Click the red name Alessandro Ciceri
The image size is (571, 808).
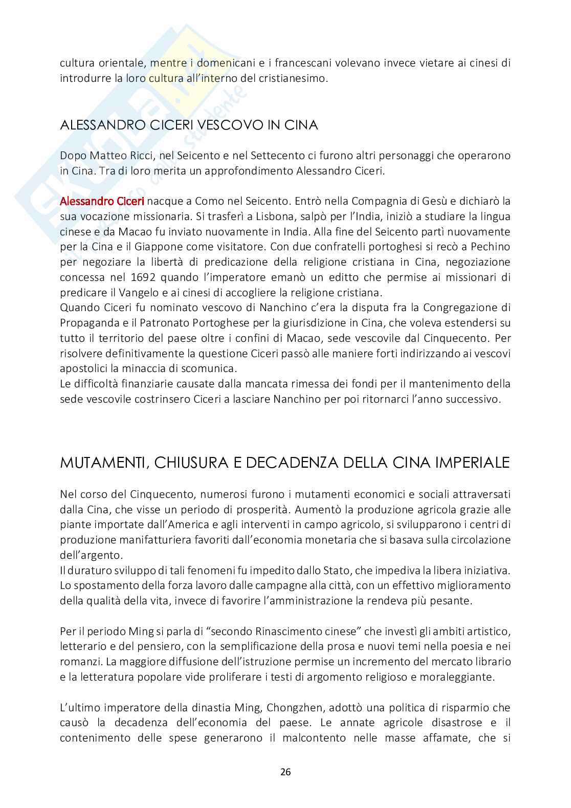point(102,201)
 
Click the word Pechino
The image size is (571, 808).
point(488,247)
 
